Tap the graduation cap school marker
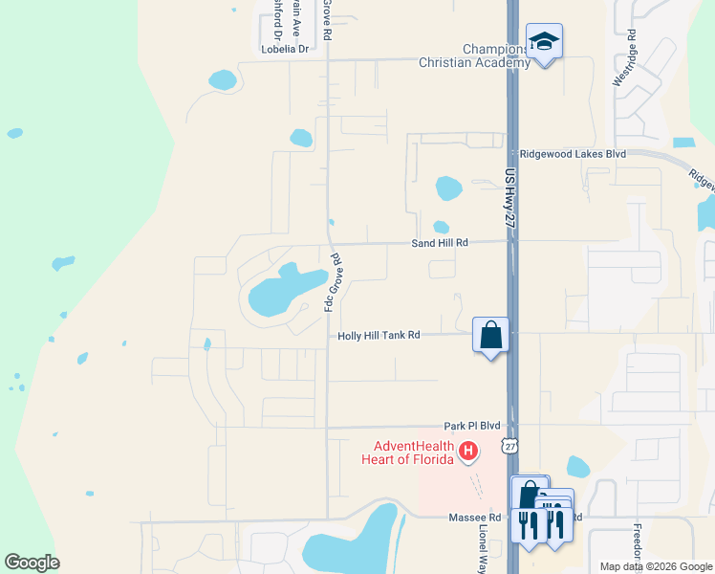coord(544,42)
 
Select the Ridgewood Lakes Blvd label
coord(572,153)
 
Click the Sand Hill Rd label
coord(440,243)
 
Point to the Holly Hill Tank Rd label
coord(379,336)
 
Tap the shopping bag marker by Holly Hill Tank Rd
coord(490,336)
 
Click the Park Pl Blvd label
coord(472,425)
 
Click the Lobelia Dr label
coord(285,49)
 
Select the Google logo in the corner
coord(32,563)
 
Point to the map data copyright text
coord(655,566)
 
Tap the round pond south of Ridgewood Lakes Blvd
coord(448,188)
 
